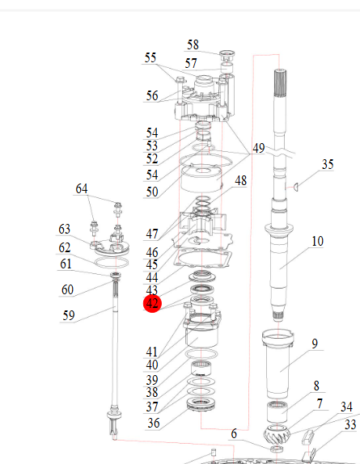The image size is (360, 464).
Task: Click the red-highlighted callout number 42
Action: tap(152, 304)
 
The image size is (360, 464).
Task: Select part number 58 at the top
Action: tap(193, 45)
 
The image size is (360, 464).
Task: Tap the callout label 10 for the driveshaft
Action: tap(317, 242)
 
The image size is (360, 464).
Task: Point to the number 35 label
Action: tap(328, 165)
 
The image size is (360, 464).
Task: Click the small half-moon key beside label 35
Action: tap(295, 187)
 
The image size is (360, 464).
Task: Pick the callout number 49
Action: tap(258, 148)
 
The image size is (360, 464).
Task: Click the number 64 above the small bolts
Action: tap(82, 189)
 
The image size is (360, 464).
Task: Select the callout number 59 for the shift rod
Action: tap(69, 316)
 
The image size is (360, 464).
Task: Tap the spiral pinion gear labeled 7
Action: tap(277, 433)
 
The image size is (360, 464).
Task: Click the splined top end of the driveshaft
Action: tap(280, 82)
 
